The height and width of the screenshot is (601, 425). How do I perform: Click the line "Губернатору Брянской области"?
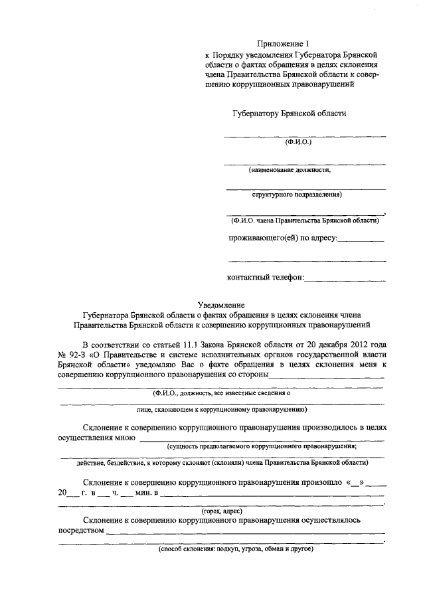tap(289, 114)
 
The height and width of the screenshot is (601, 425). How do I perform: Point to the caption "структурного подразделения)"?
tap(297, 195)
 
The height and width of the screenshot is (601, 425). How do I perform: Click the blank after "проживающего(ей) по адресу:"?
tap(361, 239)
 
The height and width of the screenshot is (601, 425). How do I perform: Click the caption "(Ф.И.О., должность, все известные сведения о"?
tap(221, 393)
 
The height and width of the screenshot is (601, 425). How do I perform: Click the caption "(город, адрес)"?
tap(221, 511)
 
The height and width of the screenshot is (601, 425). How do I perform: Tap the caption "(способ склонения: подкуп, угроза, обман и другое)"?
tap(235, 549)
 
